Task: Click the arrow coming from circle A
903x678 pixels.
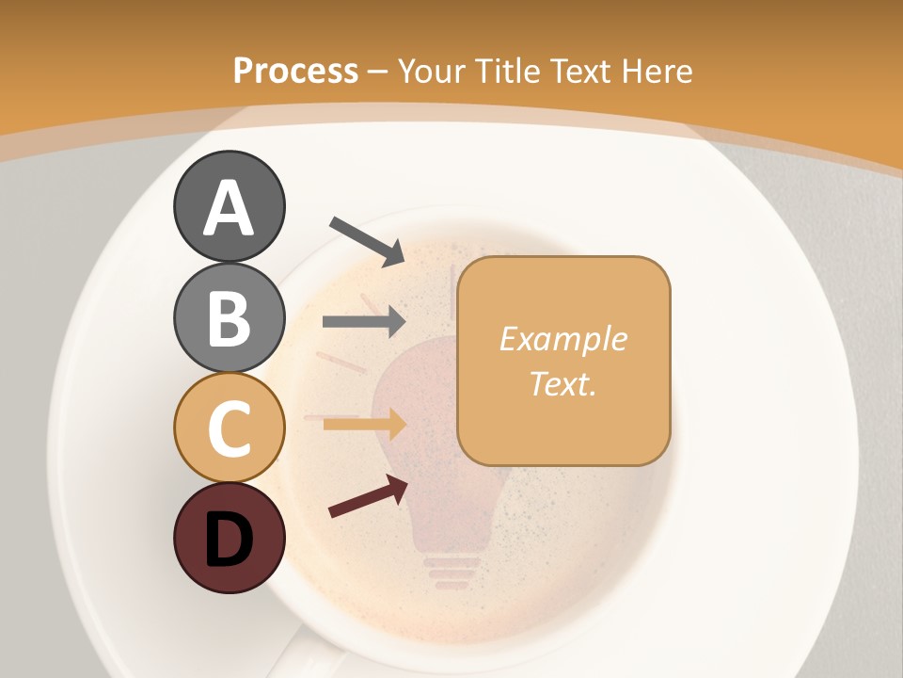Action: pos(368,240)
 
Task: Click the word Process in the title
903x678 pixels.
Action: pos(295,71)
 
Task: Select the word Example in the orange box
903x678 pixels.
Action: pos(562,339)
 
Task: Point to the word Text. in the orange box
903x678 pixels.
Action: pos(562,383)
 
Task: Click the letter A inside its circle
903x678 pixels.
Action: pos(229,209)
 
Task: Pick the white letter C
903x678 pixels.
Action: pos(229,428)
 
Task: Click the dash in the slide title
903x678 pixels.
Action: pos(378,71)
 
